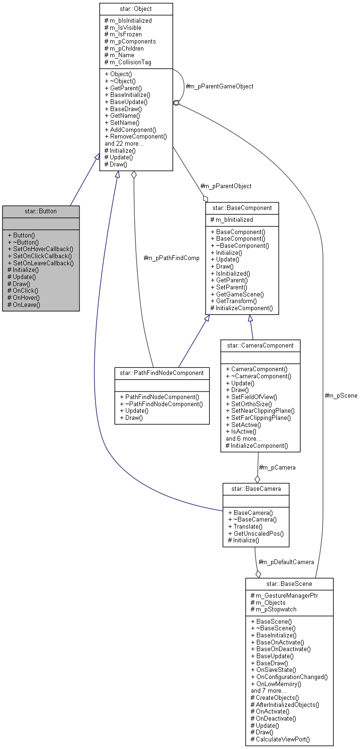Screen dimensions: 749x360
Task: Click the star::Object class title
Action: click(136, 9)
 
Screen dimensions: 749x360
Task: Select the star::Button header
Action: click(41, 211)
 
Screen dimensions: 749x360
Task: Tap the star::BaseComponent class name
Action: click(242, 208)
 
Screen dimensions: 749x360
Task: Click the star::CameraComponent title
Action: click(260, 345)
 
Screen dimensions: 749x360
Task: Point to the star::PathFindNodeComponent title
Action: click(162, 373)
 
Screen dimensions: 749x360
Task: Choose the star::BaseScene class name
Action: click(289, 584)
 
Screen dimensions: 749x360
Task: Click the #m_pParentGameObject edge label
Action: click(220, 86)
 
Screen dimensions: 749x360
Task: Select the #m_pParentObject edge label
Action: click(226, 186)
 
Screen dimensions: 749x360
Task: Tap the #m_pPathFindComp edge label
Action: click(171, 258)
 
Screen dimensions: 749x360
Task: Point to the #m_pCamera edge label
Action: click(277, 467)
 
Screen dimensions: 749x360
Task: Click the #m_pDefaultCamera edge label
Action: click(286, 562)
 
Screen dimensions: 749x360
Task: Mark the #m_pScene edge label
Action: click(341, 395)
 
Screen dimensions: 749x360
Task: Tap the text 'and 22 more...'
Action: click(124, 143)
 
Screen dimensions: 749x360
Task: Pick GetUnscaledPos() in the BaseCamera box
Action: click(256, 533)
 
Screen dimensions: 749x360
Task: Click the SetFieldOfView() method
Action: click(251, 397)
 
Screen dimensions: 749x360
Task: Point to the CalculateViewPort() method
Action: click(280, 739)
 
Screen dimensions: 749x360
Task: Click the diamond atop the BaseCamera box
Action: click(257, 479)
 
